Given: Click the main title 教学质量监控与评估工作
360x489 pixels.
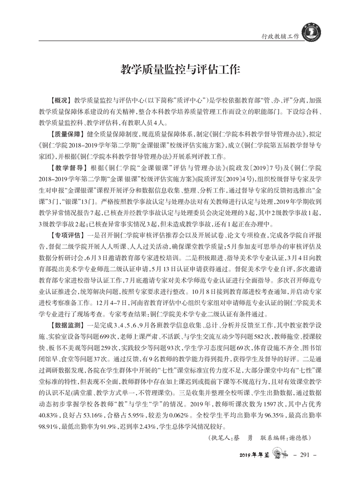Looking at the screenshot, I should (x=180, y=70).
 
